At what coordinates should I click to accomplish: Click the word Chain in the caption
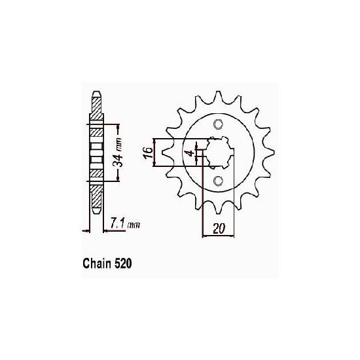coord(97,264)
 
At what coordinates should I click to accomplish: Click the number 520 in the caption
coord(123,264)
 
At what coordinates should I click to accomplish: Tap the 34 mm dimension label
coord(117,153)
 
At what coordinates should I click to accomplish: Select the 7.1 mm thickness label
coord(125,224)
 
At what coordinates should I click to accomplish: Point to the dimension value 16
coord(149,153)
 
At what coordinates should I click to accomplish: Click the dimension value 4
coord(190,153)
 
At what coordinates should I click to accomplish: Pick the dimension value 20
coord(219,228)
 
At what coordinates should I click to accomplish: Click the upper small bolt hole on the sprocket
coord(218,124)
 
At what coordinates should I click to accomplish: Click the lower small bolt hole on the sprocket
coord(218,181)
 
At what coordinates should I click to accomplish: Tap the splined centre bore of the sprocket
coord(220,153)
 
